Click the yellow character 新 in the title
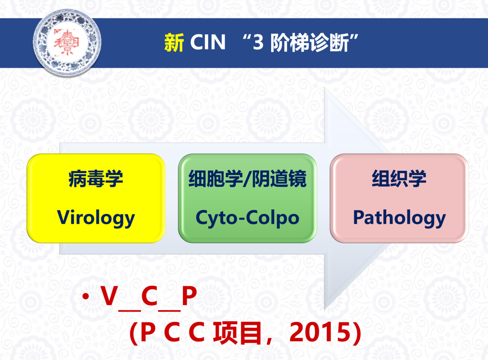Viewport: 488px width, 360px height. tap(174, 43)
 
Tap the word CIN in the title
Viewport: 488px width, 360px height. tap(207, 42)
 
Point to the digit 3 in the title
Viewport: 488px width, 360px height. tap(258, 43)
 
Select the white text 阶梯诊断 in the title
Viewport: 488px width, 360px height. tap(309, 43)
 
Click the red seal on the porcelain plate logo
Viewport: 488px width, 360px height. tap(66, 43)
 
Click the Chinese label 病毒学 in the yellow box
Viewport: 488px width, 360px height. tap(96, 179)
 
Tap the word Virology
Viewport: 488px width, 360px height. tap(96, 218)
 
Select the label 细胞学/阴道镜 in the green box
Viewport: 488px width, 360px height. tap(248, 179)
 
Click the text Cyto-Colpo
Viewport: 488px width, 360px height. tap(248, 218)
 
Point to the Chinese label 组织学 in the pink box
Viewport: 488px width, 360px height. tap(399, 179)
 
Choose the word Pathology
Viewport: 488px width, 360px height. tap(399, 218)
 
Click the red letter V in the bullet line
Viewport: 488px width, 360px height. tap(109, 295)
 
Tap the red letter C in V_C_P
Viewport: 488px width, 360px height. tap(150, 295)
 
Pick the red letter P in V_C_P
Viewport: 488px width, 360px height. tap(189, 295)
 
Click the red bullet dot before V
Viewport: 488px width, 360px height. tap(85, 296)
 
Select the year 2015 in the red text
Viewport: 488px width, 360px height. tap(320, 332)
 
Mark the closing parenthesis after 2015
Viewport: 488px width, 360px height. tap(357, 333)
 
